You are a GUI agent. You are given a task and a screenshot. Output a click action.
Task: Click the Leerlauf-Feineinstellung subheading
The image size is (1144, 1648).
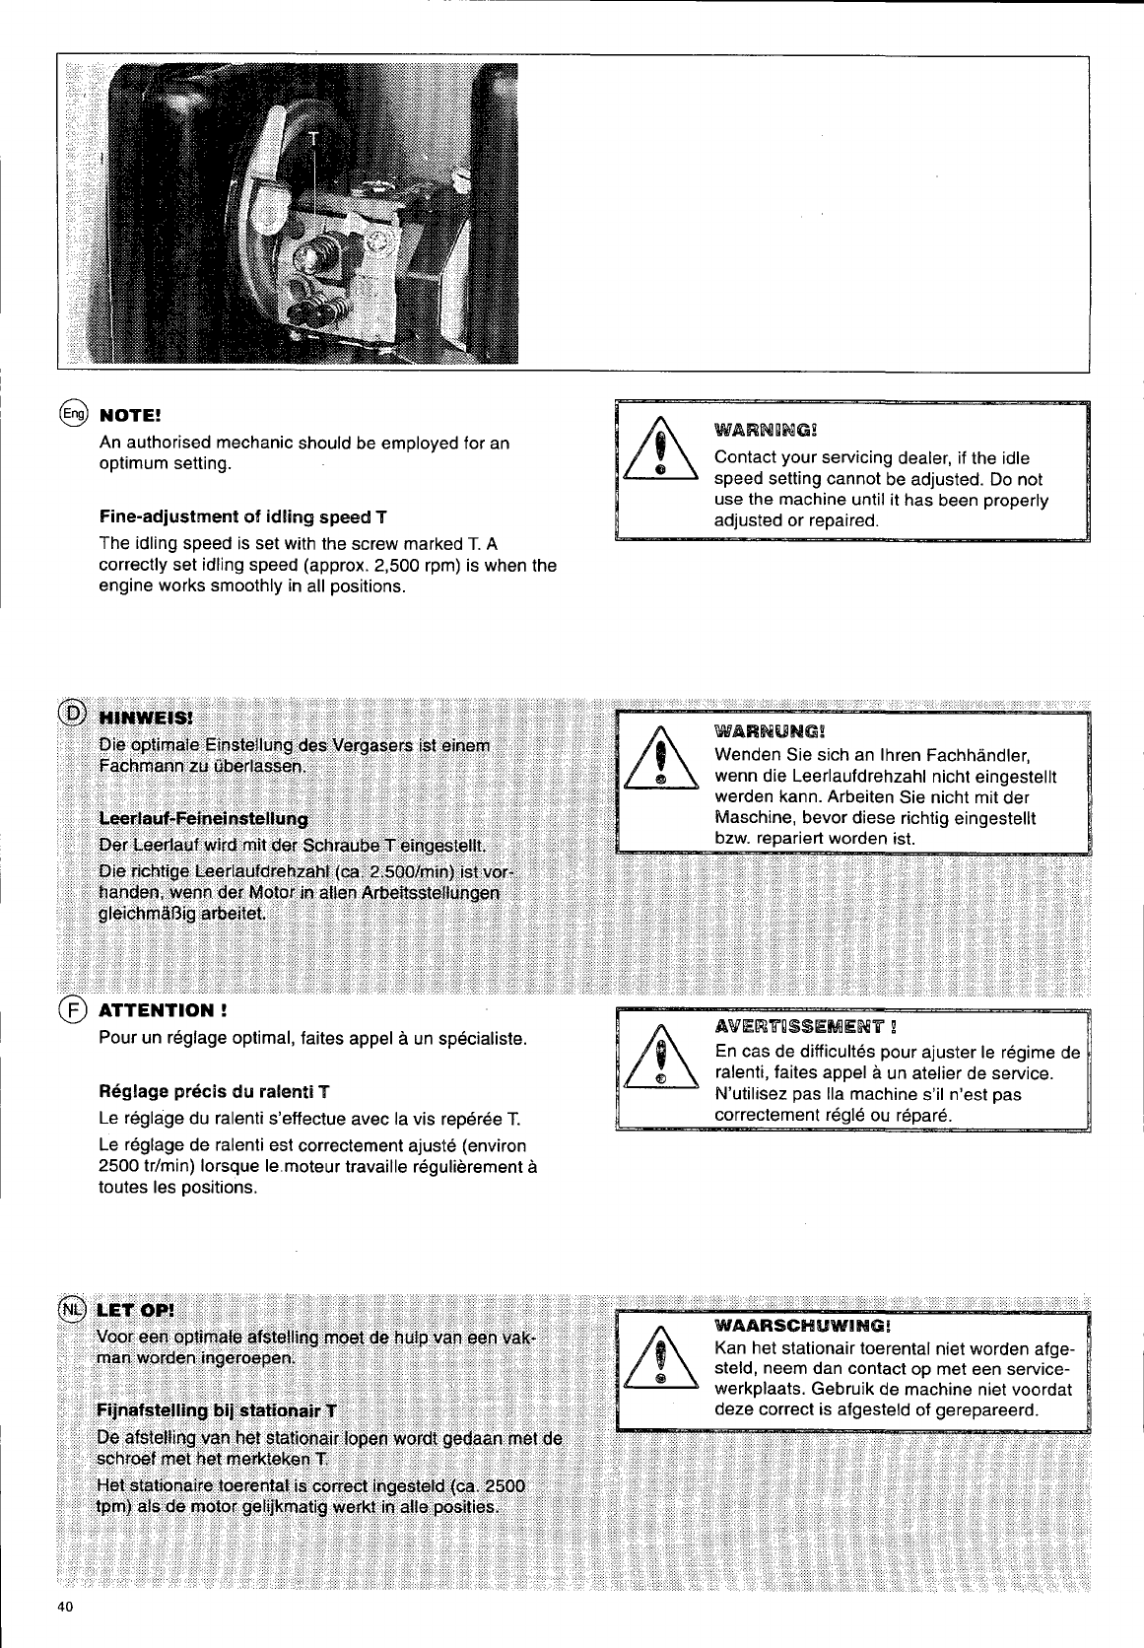click(x=203, y=819)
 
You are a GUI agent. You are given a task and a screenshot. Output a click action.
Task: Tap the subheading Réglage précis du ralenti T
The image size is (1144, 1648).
click(x=214, y=1093)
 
